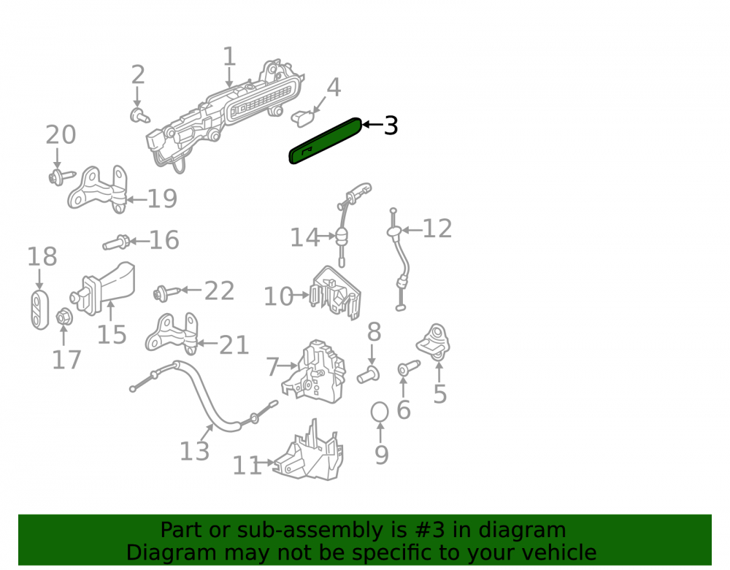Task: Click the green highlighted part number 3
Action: [325, 141]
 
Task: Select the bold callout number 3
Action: [391, 126]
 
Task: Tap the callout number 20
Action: [61, 135]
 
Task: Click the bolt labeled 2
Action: [139, 115]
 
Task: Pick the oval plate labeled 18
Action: [39, 309]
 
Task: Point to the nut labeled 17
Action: [64, 317]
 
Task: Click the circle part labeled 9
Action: [380, 412]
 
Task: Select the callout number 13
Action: [195, 451]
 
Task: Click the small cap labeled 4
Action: [303, 118]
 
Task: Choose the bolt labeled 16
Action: [116, 242]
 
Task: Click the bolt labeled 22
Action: [166, 293]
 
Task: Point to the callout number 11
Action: [247, 466]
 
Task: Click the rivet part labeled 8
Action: [368, 374]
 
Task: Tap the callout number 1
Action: [229, 56]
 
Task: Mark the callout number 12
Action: [437, 228]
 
